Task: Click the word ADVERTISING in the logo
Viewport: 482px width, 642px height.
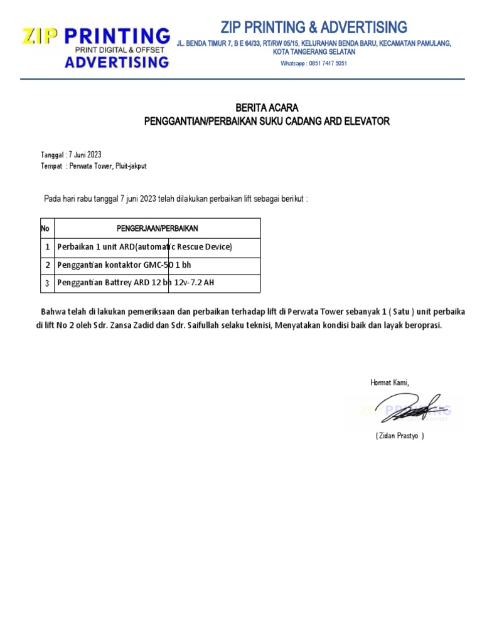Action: [x=117, y=61]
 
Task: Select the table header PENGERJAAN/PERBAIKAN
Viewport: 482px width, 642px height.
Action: [x=158, y=228]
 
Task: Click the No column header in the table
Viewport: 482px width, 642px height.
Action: [x=45, y=228]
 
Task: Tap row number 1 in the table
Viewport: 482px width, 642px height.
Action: [x=47, y=247]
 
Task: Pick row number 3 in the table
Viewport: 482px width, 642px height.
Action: [x=47, y=283]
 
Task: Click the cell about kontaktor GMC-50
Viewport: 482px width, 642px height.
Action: [x=124, y=265]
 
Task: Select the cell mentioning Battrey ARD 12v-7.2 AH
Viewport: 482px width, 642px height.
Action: [x=136, y=283]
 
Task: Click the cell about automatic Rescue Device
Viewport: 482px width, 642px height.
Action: [x=144, y=247]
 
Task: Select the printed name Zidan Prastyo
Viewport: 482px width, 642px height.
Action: [x=399, y=436]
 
